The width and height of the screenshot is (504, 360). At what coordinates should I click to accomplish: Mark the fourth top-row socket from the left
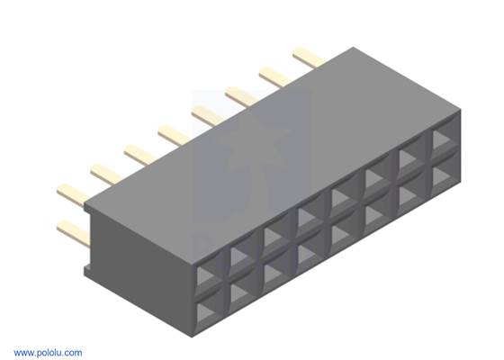point(309,214)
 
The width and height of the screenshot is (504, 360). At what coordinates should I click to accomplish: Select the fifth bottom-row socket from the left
point(344,233)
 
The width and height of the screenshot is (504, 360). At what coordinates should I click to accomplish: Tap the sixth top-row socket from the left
point(376,180)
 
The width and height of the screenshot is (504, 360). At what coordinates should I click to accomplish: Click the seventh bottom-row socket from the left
point(410,199)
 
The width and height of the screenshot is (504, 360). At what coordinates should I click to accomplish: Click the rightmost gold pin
point(307,58)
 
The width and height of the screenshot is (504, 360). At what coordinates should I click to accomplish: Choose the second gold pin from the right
point(274,75)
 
